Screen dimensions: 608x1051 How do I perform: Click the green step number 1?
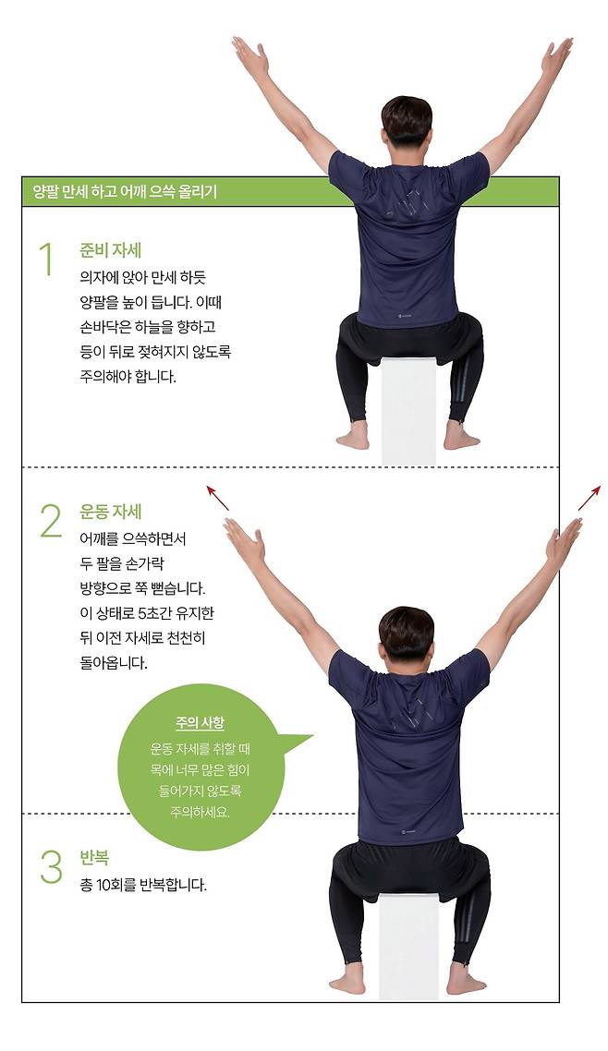(46, 260)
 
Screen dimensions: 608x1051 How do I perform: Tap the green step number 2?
(50, 520)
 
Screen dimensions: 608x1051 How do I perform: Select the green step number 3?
(51, 866)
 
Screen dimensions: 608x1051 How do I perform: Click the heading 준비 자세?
(111, 250)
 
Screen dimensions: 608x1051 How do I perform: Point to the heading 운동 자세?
(111, 512)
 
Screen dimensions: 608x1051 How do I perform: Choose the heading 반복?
(94, 858)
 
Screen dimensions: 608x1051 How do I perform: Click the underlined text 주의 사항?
(200, 723)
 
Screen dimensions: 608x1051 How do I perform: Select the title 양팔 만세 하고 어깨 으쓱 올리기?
(126, 192)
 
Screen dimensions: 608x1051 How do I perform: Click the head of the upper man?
(407, 123)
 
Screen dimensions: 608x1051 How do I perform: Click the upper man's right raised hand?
(557, 57)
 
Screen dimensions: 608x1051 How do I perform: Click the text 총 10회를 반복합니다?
(143, 886)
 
